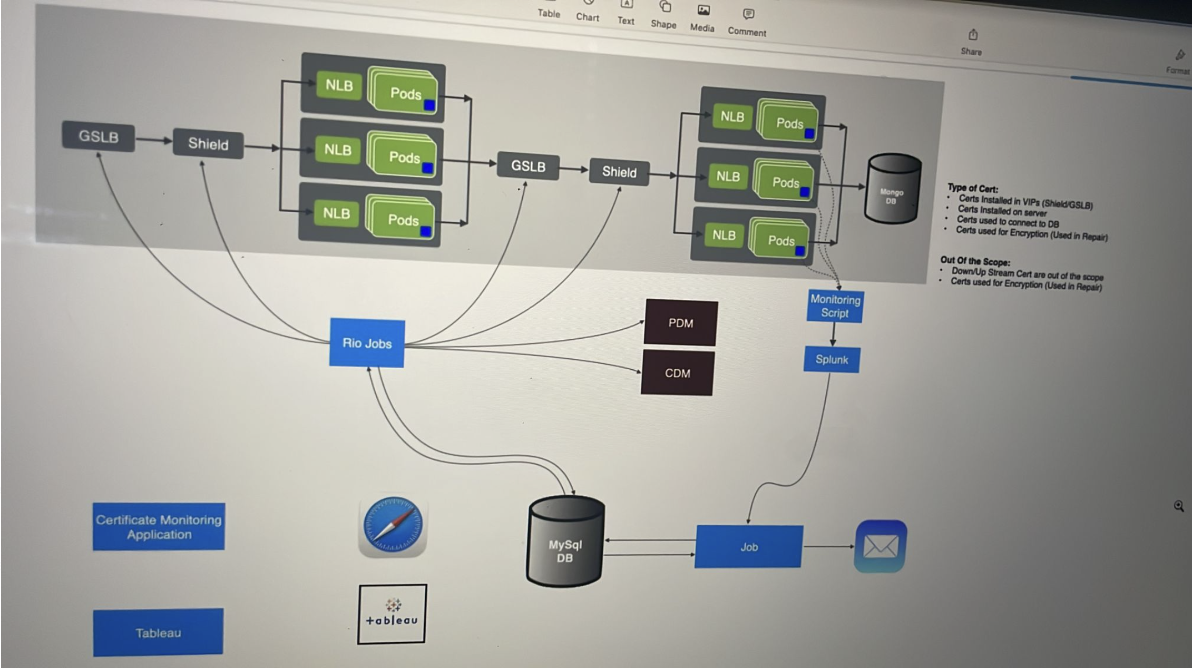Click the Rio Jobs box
pos(367,343)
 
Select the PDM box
pos(681,323)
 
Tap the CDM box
pos(677,373)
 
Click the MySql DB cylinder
pos(565,543)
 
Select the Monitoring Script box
pos(835,306)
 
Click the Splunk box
pos(832,360)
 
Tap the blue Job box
pos(749,547)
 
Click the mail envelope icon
pos(880,546)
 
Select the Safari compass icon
pos(393,526)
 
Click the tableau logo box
pos(392,614)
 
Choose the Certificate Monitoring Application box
pos(159,527)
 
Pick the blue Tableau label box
pos(158,633)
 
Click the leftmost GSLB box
pos(99,136)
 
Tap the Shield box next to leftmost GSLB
pos(208,143)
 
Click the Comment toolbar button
pos(747,22)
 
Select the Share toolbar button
pos(972,42)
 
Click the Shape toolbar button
pos(664,15)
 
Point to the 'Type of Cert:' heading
pos(972,188)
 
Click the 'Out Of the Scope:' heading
pos(975,261)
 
